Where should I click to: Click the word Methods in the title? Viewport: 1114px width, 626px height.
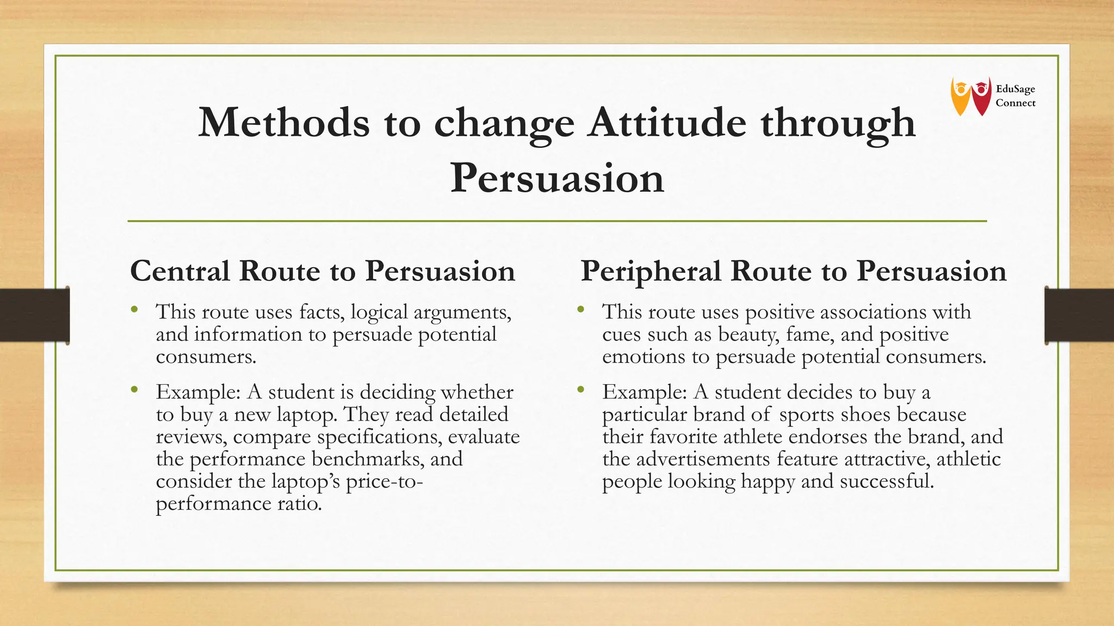pos(283,123)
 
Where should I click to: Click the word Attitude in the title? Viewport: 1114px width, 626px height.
pos(667,123)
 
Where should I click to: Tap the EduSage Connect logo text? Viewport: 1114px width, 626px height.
pos(1015,96)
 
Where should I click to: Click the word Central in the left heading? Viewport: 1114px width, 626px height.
pos(180,271)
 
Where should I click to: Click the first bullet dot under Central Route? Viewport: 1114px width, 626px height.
pos(134,310)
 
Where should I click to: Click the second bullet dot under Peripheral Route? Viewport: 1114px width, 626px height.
pos(581,389)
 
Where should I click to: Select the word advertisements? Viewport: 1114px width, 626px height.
pos(702,459)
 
